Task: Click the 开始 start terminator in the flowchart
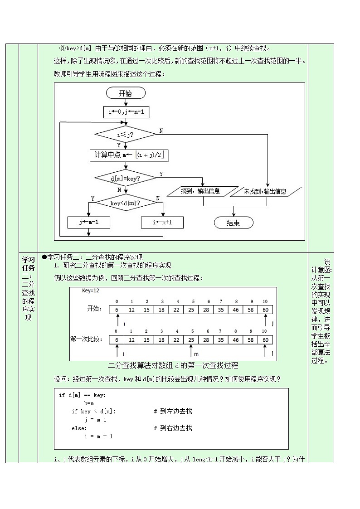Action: point(126,93)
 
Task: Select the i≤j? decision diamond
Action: point(125,134)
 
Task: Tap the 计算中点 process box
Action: point(129,156)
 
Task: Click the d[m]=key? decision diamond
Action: point(125,179)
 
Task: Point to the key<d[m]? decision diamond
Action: point(125,204)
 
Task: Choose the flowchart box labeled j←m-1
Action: point(89,223)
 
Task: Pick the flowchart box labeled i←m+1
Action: point(162,223)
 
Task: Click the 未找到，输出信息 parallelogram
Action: point(265,192)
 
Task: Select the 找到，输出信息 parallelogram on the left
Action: point(203,192)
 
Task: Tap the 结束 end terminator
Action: point(234,223)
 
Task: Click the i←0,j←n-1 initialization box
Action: point(126,112)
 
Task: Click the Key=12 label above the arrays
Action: point(90,291)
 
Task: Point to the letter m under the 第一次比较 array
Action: point(196,353)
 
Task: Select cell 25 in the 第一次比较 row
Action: point(192,339)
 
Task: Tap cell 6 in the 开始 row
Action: point(117,310)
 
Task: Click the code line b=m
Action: point(89,403)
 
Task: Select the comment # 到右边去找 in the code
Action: point(173,428)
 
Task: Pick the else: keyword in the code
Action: point(79,428)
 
